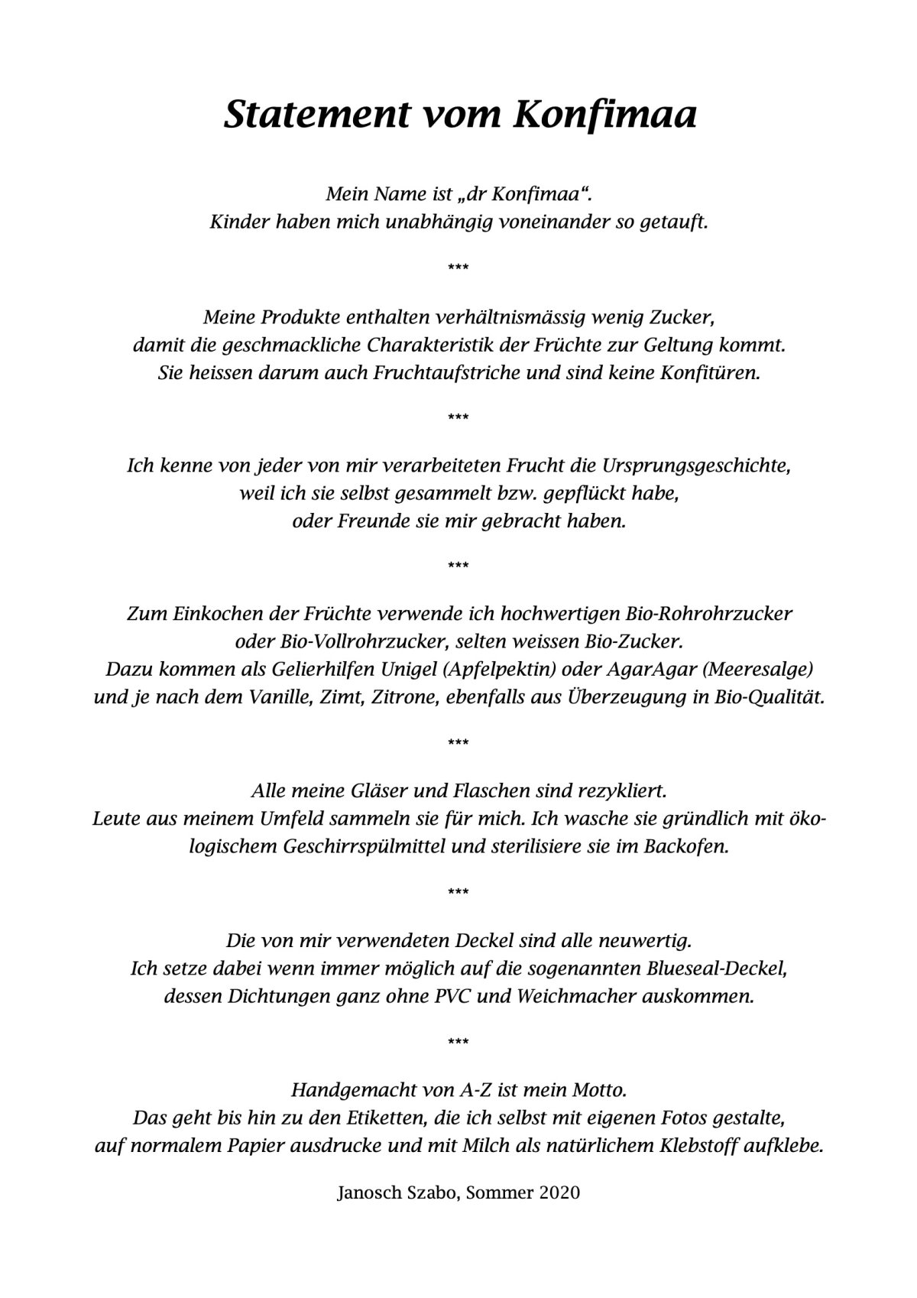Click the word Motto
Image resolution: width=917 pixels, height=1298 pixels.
click(600, 1088)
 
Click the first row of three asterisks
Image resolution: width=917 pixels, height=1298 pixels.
click(458, 267)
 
